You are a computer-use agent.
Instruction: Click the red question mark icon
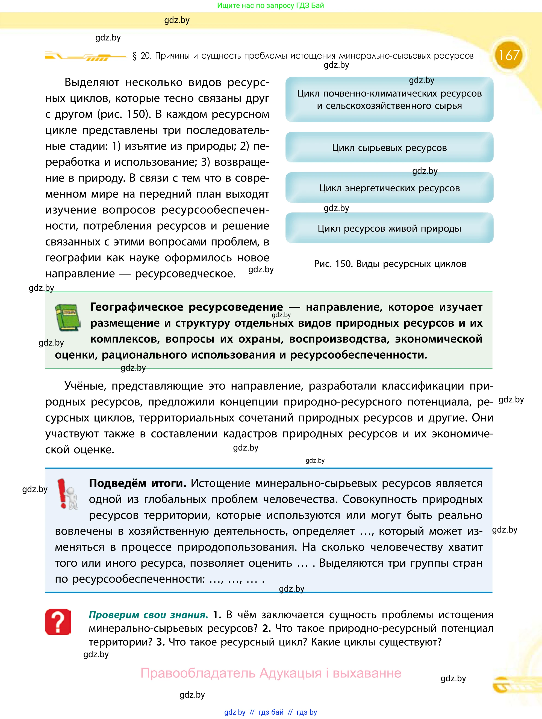[x=58, y=621]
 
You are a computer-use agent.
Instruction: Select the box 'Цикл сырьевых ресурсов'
[x=389, y=148]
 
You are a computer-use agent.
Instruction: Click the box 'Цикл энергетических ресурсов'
[x=389, y=188]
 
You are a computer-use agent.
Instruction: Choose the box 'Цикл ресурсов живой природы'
[x=389, y=228]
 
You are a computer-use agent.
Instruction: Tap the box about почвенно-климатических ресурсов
[x=389, y=100]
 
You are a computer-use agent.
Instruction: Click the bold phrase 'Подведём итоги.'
[x=137, y=483]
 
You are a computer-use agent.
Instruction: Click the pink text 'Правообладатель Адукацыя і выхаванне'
[x=271, y=673]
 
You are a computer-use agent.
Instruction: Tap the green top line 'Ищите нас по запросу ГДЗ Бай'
[x=270, y=5]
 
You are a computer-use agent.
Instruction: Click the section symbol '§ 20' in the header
[x=142, y=56]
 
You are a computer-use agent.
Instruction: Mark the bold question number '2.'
[x=266, y=628]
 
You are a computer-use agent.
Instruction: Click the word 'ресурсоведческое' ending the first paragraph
[x=185, y=274]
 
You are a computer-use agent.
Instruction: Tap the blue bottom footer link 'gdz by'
[x=235, y=712]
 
